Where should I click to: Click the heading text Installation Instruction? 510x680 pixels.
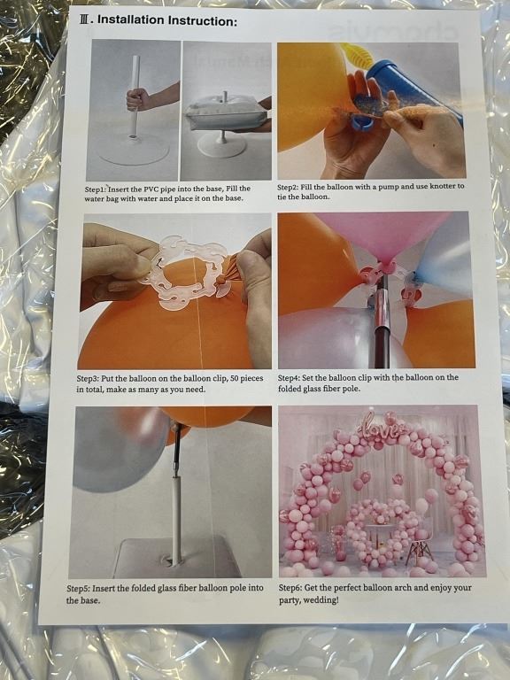pos(168,20)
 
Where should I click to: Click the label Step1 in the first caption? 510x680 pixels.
pos(95,189)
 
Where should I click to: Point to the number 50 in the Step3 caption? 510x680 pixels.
pos(235,378)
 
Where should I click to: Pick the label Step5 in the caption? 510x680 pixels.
pos(78,589)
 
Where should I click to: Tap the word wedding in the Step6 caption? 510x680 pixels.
pos(322,600)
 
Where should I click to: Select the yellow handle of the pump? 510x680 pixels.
pos(358,55)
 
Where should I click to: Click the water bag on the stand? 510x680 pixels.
pos(226,113)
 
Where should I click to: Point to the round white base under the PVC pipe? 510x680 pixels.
pos(133,150)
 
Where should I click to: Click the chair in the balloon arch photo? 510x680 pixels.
pos(420,546)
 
